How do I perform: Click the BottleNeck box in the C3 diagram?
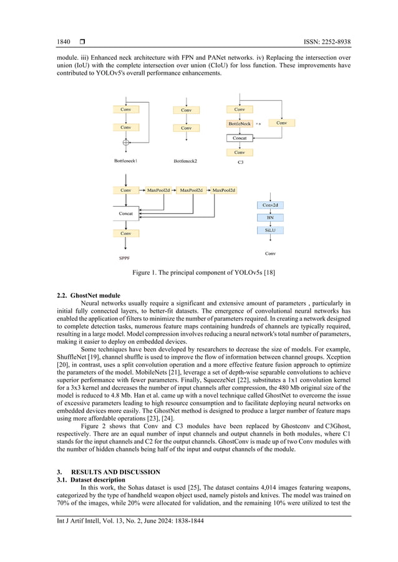(x=240, y=124)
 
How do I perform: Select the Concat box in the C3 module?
(x=240, y=138)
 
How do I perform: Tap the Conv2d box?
(x=270, y=205)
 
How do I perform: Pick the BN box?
(x=270, y=217)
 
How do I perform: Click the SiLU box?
(x=270, y=230)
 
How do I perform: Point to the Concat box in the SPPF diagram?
(x=126, y=214)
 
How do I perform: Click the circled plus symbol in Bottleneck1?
(x=126, y=143)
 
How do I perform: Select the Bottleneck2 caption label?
(x=185, y=161)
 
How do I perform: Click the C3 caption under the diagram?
(x=240, y=162)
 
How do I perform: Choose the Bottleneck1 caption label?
(x=125, y=161)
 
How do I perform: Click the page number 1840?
(x=64, y=42)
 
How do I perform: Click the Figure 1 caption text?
(x=198, y=273)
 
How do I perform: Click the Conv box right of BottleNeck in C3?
(x=281, y=123)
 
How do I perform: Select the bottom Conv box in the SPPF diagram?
(x=126, y=233)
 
